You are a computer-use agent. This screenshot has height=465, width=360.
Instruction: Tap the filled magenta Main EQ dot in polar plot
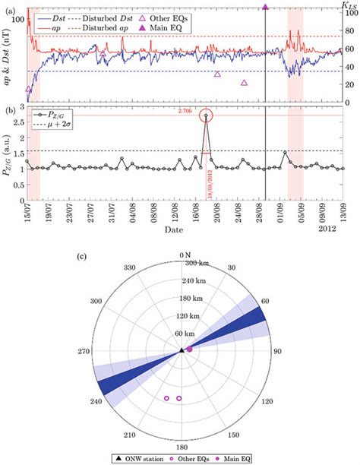[189, 350]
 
